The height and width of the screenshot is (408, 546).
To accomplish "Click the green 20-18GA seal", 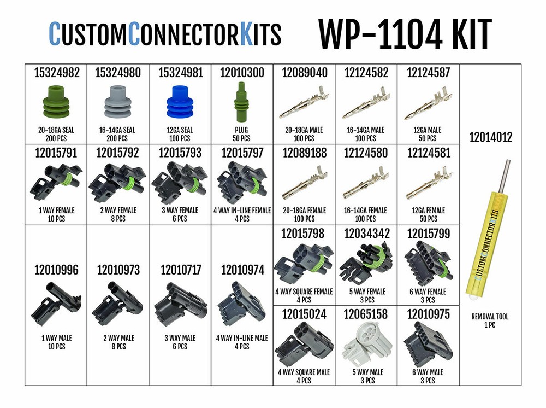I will (55, 102).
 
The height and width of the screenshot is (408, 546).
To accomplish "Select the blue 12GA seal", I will (180, 102).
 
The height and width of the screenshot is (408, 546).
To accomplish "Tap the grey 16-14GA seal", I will (117, 102).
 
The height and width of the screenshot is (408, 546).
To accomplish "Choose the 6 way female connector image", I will (428, 263).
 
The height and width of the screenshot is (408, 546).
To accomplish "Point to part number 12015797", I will (242, 154).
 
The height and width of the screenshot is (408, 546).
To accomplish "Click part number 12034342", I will (366, 234).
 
